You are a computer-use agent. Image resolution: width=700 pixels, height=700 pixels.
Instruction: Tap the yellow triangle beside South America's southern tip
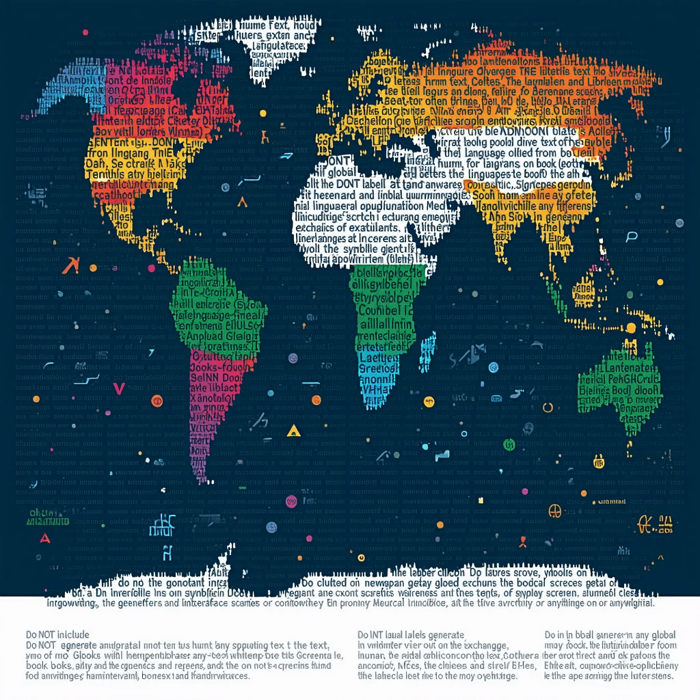293,430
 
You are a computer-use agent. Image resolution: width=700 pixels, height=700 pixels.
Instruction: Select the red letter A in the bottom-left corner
45,537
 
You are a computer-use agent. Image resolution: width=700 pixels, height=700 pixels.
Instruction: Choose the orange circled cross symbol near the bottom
554,511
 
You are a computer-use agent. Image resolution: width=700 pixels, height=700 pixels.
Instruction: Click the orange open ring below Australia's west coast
547,408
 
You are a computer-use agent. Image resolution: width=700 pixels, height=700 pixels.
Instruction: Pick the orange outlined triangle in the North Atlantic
241,202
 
